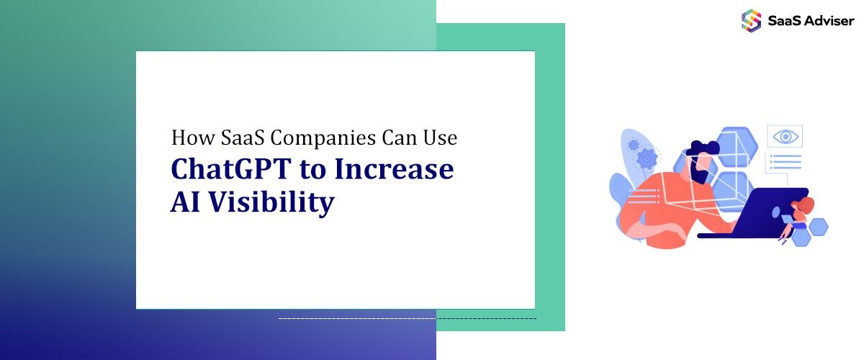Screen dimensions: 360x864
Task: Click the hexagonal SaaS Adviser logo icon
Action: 751,20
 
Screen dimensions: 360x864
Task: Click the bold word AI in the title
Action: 184,202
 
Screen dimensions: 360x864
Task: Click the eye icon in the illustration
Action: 784,136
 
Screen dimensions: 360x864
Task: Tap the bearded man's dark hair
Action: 702,148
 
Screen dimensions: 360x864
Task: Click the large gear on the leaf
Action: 647,158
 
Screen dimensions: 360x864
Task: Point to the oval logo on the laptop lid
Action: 775,215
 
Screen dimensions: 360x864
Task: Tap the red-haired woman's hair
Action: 806,206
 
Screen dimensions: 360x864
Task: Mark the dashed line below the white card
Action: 407,318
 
